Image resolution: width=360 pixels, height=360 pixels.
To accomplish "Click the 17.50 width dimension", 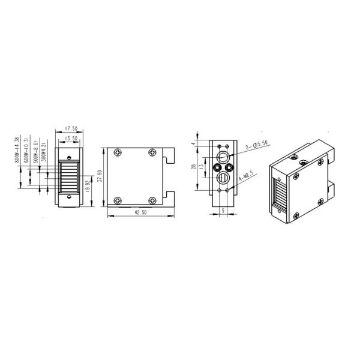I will [71, 128].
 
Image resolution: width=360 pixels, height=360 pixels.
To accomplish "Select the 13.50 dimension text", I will [71, 138].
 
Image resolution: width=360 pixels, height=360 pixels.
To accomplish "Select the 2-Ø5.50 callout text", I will [257, 145].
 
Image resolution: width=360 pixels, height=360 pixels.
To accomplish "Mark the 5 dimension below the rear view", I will [223, 211].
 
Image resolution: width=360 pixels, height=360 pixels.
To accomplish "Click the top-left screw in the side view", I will [120, 153].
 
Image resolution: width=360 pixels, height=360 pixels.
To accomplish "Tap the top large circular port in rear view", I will [222, 158].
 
